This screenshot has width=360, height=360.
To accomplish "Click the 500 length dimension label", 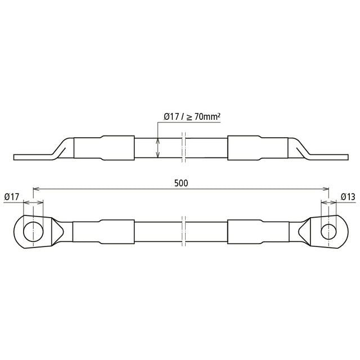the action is pyautogui.click(x=181, y=183).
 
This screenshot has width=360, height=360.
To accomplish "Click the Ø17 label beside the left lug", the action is pyautogui.click(x=12, y=197).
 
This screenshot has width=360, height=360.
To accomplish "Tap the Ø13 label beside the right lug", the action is pyautogui.click(x=348, y=197).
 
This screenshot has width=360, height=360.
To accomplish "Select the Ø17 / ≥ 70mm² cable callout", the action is pyautogui.click(x=192, y=116).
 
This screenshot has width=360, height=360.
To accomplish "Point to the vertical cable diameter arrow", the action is pyautogui.click(x=157, y=148).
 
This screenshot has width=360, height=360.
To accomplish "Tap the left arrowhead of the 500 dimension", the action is pyautogui.click(x=36, y=189).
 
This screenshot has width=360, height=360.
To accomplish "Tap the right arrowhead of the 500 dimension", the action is pyautogui.click(x=326, y=189).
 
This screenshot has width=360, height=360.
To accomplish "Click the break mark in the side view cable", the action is pyautogui.click(x=183, y=147).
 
